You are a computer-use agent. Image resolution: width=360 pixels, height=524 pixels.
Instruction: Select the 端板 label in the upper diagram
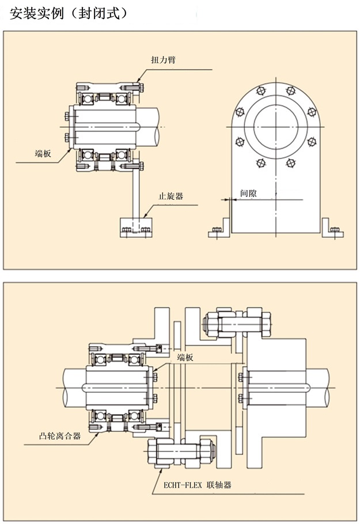pyautogui.click(x=43, y=153)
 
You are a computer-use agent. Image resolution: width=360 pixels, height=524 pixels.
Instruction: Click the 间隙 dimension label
pyautogui.click(x=248, y=194)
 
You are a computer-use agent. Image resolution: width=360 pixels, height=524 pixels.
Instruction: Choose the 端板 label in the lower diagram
pyautogui.click(x=185, y=358)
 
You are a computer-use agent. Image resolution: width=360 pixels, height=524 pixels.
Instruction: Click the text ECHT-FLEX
pyautogui.click(x=179, y=485)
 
